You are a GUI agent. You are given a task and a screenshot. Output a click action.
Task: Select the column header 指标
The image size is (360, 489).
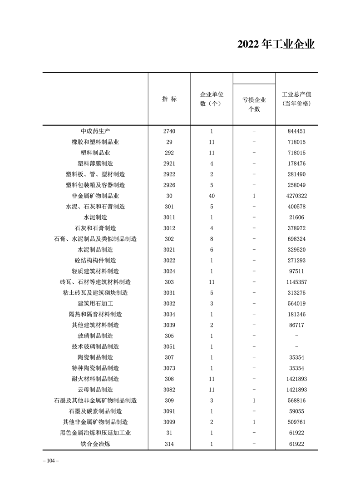[x=169, y=99]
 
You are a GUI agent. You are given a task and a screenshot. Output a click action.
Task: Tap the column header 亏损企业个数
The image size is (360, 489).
[x=254, y=104]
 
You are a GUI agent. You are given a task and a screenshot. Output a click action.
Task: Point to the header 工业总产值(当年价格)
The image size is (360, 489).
[x=296, y=99]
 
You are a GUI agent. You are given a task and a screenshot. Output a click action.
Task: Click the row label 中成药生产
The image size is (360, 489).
[x=96, y=131]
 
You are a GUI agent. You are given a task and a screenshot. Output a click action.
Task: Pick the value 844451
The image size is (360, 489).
[x=296, y=131]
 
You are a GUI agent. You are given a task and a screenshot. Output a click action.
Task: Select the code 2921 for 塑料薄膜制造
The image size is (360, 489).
[x=169, y=163]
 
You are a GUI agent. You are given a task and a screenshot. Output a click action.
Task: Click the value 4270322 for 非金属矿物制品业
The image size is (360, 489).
[x=296, y=196]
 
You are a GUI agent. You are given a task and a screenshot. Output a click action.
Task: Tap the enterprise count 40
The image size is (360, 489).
[x=212, y=196]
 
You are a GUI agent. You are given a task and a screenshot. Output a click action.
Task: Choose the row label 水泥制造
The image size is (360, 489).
[x=96, y=217]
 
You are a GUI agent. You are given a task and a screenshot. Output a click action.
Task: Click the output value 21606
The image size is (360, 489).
[x=296, y=217]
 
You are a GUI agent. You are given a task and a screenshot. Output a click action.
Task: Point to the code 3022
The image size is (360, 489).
[x=169, y=261]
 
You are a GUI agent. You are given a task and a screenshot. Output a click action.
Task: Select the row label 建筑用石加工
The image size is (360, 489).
[x=96, y=303]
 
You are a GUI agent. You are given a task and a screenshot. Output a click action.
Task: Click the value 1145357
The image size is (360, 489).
[x=296, y=282]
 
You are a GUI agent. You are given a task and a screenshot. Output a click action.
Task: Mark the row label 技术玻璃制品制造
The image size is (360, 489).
[x=96, y=346]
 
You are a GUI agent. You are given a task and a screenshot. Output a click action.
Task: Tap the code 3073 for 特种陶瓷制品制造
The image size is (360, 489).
[x=169, y=368]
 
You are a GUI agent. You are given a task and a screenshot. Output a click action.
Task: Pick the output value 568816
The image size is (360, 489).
[x=296, y=400]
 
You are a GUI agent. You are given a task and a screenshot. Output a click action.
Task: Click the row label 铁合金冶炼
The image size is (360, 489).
[x=96, y=444]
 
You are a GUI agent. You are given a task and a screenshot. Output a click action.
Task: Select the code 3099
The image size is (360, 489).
[x=169, y=422]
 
